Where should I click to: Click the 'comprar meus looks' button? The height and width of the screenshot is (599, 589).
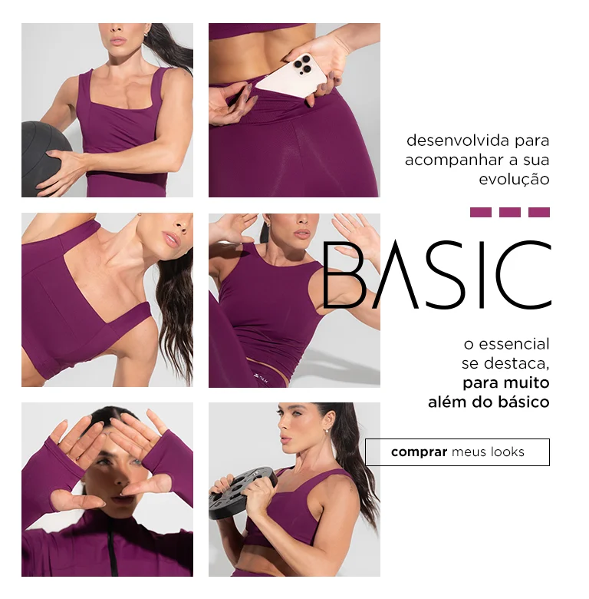pyautogui.click(x=457, y=452)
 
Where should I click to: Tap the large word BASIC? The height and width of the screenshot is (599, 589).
pyautogui.click(x=436, y=275)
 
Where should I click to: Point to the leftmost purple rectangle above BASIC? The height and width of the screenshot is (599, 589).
pyautogui.click(x=480, y=213)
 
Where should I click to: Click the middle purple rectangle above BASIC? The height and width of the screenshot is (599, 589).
pyautogui.click(x=509, y=213)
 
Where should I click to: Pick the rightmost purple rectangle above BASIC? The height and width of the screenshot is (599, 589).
pyautogui.click(x=539, y=213)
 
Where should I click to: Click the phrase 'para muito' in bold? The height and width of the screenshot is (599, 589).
pyautogui.click(x=505, y=382)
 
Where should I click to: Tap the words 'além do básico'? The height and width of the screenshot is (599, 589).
pyautogui.click(x=489, y=402)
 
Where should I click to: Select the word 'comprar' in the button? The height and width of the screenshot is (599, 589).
pyautogui.click(x=419, y=452)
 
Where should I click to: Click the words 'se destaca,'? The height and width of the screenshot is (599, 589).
pyautogui.click(x=505, y=363)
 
